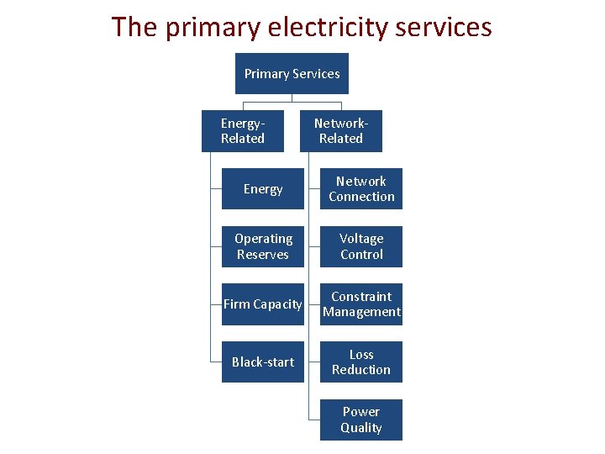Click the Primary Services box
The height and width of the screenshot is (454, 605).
[292, 73]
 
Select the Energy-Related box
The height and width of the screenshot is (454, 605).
[243, 131]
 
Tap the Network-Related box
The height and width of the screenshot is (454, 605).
[341, 131]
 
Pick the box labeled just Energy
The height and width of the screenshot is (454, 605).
[263, 189]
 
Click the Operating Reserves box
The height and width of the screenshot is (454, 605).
[263, 246]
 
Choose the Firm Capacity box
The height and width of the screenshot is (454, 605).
[263, 304]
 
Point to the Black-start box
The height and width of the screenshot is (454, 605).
[263, 362]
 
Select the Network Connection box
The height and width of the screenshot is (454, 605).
[361, 189]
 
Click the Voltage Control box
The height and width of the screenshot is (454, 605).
[361, 246]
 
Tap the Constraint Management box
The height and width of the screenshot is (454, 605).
[361, 304]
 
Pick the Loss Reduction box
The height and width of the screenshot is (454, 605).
[361, 362]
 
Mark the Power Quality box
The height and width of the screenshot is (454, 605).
[361, 420]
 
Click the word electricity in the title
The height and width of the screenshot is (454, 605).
[328, 28]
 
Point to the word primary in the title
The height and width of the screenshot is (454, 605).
[213, 29]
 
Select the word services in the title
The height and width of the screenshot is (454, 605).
[444, 28]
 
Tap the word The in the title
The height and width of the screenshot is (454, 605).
[134, 27]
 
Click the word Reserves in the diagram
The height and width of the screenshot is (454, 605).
[263, 255]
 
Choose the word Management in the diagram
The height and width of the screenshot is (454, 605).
[361, 312]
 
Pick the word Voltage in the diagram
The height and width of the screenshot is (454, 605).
[361, 239]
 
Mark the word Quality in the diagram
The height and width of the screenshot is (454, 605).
[361, 428]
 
